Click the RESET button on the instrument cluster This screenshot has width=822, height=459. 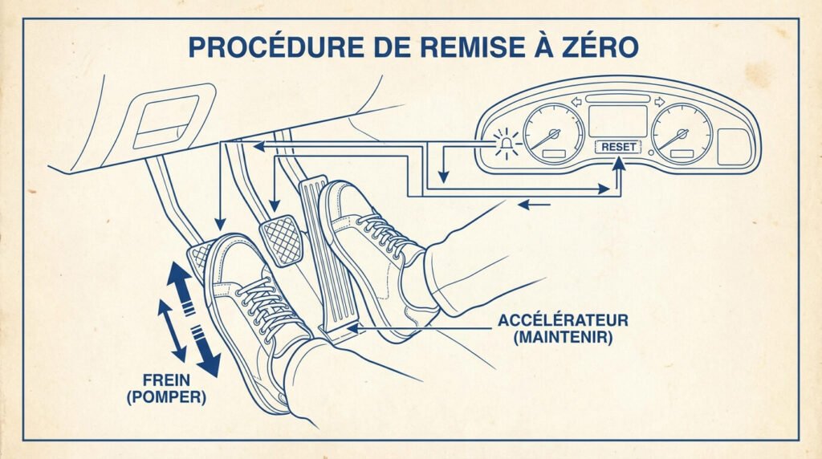click(x=618, y=148)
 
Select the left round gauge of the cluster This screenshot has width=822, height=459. click(x=553, y=133)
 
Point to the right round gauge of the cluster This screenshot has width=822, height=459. click(x=682, y=133)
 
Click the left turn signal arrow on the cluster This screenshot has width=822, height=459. click(x=576, y=102)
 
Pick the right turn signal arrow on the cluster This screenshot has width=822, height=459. click(x=661, y=102)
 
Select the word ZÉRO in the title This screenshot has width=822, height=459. click(x=595, y=47)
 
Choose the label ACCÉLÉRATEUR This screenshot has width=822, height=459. click(x=563, y=321)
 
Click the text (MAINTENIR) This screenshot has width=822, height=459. click(x=563, y=338)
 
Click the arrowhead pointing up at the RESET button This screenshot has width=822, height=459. click(x=618, y=165)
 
